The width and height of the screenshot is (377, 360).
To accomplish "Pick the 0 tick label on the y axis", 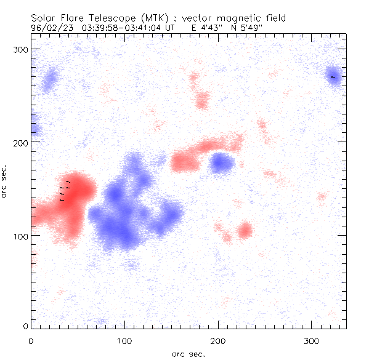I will click(25, 326).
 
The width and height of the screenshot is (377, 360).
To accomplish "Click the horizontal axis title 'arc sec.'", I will click(188, 354).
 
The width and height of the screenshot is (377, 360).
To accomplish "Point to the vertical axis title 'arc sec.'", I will click(5, 182).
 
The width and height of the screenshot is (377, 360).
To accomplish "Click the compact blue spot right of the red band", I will click(221, 163).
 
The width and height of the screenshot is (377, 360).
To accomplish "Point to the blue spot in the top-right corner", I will click(333, 77).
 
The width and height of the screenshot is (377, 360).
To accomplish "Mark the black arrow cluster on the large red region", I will click(65, 190).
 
